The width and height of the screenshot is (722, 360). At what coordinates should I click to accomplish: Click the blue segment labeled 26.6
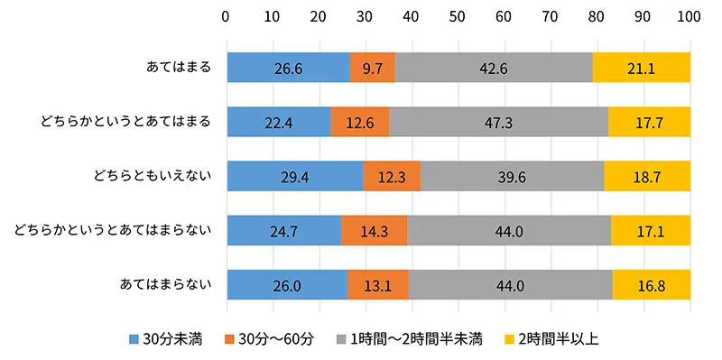[288, 68]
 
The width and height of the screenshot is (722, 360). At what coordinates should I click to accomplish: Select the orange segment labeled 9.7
[372, 68]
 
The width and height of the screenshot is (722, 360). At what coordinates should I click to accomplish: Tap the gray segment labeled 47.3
[498, 123]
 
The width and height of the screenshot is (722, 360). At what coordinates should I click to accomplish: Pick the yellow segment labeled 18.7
[646, 177]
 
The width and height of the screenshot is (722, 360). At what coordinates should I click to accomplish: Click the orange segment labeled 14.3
[374, 232]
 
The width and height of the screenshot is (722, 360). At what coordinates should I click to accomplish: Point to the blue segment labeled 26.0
[287, 286]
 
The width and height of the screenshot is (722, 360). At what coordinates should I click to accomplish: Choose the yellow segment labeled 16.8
[651, 286]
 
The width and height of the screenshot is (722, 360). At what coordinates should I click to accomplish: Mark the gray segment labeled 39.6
[512, 177]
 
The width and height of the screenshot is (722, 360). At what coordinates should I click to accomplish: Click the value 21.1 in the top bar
[641, 68]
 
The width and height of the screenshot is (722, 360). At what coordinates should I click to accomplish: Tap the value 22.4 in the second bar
[278, 123]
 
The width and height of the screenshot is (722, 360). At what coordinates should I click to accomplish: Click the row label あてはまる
[178, 68]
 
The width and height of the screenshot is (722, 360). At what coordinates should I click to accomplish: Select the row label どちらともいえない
[152, 177]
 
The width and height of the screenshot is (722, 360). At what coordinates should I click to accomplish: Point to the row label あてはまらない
[165, 286]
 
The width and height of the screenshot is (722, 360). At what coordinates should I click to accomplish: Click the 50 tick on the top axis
[458, 16]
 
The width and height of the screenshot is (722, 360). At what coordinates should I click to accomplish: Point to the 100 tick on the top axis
[689, 16]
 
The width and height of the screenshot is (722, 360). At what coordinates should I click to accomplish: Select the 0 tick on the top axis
[226, 16]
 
